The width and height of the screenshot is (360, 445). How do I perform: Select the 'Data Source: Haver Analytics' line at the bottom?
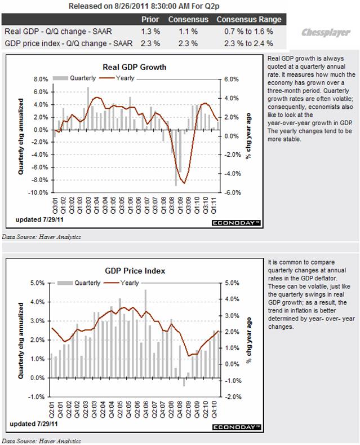pos(42,440)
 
